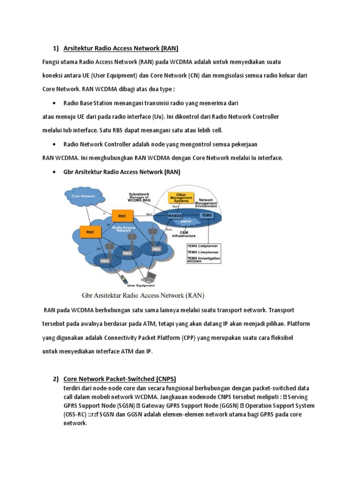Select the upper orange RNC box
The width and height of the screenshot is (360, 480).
[122, 216]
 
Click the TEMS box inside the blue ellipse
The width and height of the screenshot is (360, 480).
[207, 215]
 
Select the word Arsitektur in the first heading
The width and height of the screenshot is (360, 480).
[78, 48]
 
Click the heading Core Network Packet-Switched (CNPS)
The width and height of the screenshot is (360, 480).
[120, 379]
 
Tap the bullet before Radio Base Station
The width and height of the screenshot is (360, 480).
[56, 103]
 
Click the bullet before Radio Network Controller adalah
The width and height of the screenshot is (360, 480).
[56, 144]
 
